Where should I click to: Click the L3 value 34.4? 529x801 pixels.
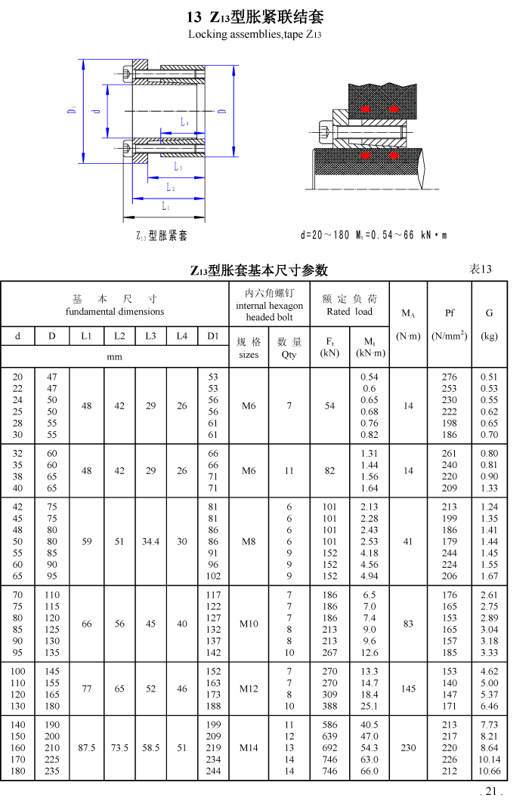(x=150, y=541)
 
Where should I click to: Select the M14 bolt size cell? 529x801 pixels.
(x=249, y=748)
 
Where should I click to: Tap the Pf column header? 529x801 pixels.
(x=450, y=313)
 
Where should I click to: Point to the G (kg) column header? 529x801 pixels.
(x=490, y=313)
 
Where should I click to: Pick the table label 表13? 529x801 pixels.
(x=481, y=269)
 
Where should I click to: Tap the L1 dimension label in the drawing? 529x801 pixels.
(x=166, y=206)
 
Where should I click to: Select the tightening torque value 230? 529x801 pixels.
(x=408, y=748)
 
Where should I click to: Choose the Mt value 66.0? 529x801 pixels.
(x=369, y=772)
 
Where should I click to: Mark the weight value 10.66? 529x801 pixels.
(x=490, y=772)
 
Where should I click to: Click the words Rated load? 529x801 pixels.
(x=348, y=311)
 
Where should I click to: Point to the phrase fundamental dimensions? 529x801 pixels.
(x=115, y=311)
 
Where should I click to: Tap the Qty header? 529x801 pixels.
(x=289, y=354)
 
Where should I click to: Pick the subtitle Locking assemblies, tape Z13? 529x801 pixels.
(x=255, y=35)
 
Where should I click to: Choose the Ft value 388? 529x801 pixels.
(x=329, y=706)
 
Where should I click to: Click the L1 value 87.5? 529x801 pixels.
(x=87, y=748)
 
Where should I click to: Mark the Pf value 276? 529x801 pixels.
(x=450, y=377)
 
